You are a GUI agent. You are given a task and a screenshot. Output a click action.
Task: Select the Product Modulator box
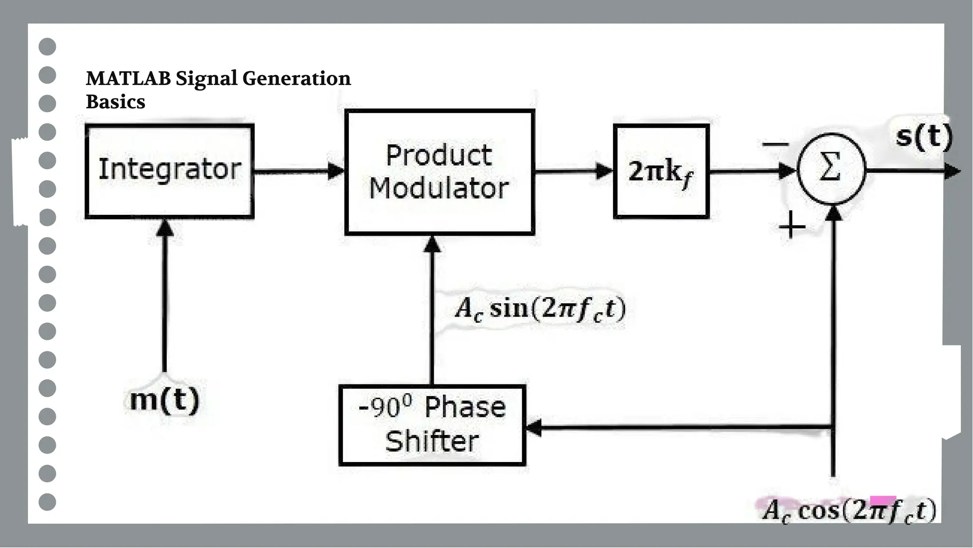pyautogui.click(x=439, y=172)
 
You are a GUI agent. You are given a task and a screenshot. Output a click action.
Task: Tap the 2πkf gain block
pyautogui.click(x=661, y=172)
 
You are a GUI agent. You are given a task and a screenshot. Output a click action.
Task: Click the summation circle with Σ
pyautogui.click(x=831, y=169)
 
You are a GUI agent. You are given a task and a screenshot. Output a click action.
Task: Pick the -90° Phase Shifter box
pyautogui.click(x=432, y=425)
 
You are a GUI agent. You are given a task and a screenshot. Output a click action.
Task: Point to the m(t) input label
pyautogui.click(x=164, y=399)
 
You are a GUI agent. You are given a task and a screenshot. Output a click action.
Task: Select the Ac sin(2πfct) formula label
pyautogui.click(x=540, y=309)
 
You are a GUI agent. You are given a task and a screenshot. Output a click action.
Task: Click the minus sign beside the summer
pyautogui.click(x=775, y=144)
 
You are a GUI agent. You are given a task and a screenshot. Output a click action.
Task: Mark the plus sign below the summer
pyautogui.click(x=792, y=226)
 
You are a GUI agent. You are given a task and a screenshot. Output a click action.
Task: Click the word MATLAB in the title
pyautogui.click(x=128, y=78)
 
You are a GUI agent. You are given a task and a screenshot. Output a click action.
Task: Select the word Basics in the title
pyautogui.click(x=115, y=102)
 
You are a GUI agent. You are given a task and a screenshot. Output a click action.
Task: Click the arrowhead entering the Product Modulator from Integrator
pyautogui.click(x=336, y=171)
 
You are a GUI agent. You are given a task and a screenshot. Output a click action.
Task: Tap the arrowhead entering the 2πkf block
pyautogui.click(x=605, y=171)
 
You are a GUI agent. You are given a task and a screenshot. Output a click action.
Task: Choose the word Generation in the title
pyautogui.click(x=296, y=78)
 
